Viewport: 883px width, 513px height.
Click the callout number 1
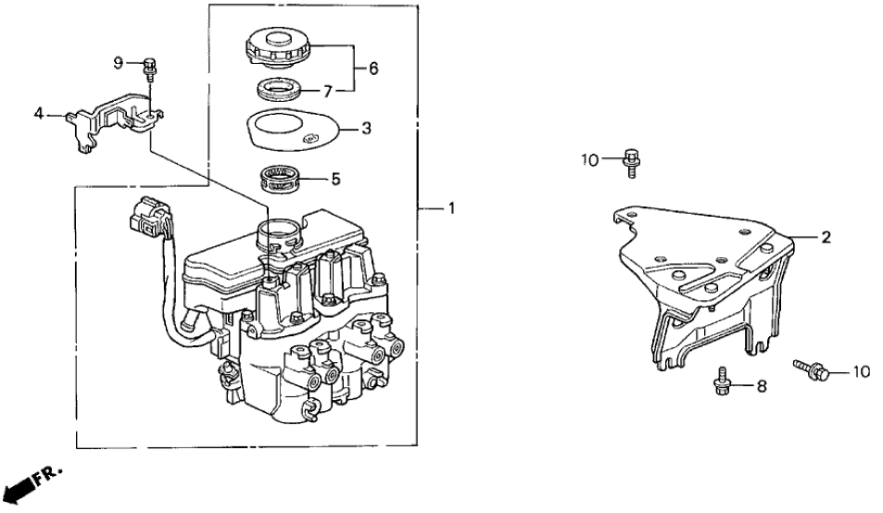coord(451,209)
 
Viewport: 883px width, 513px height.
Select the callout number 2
coord(825,237)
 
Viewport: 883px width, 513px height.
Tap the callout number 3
coord(366,129)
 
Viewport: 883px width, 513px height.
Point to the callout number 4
coord(38,114)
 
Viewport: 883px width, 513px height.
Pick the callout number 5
coord(336,179)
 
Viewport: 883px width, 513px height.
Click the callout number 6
coord(373,68)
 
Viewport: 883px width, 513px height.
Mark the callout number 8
coord(761,387)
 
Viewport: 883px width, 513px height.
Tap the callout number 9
coord(119,62)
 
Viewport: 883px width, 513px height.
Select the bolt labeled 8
coord(722,382)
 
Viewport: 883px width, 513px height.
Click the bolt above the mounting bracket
coord(634,163)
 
